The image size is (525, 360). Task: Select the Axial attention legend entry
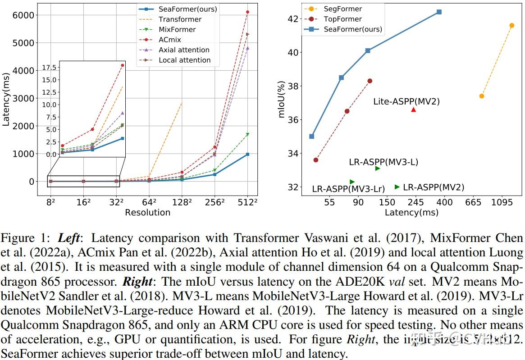tap(184, 50)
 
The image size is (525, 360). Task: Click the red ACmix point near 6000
tap(247, 12)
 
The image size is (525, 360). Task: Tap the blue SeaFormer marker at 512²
tap(247, 155)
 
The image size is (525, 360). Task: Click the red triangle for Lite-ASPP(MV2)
tap(414, 109)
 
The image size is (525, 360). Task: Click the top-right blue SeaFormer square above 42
tap(439, 12)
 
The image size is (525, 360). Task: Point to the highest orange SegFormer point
tap(511, 25)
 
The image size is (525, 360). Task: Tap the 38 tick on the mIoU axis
tap(293, 86)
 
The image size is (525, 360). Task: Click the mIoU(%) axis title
tap(282, 99)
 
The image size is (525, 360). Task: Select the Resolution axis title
tap(147, 212)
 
